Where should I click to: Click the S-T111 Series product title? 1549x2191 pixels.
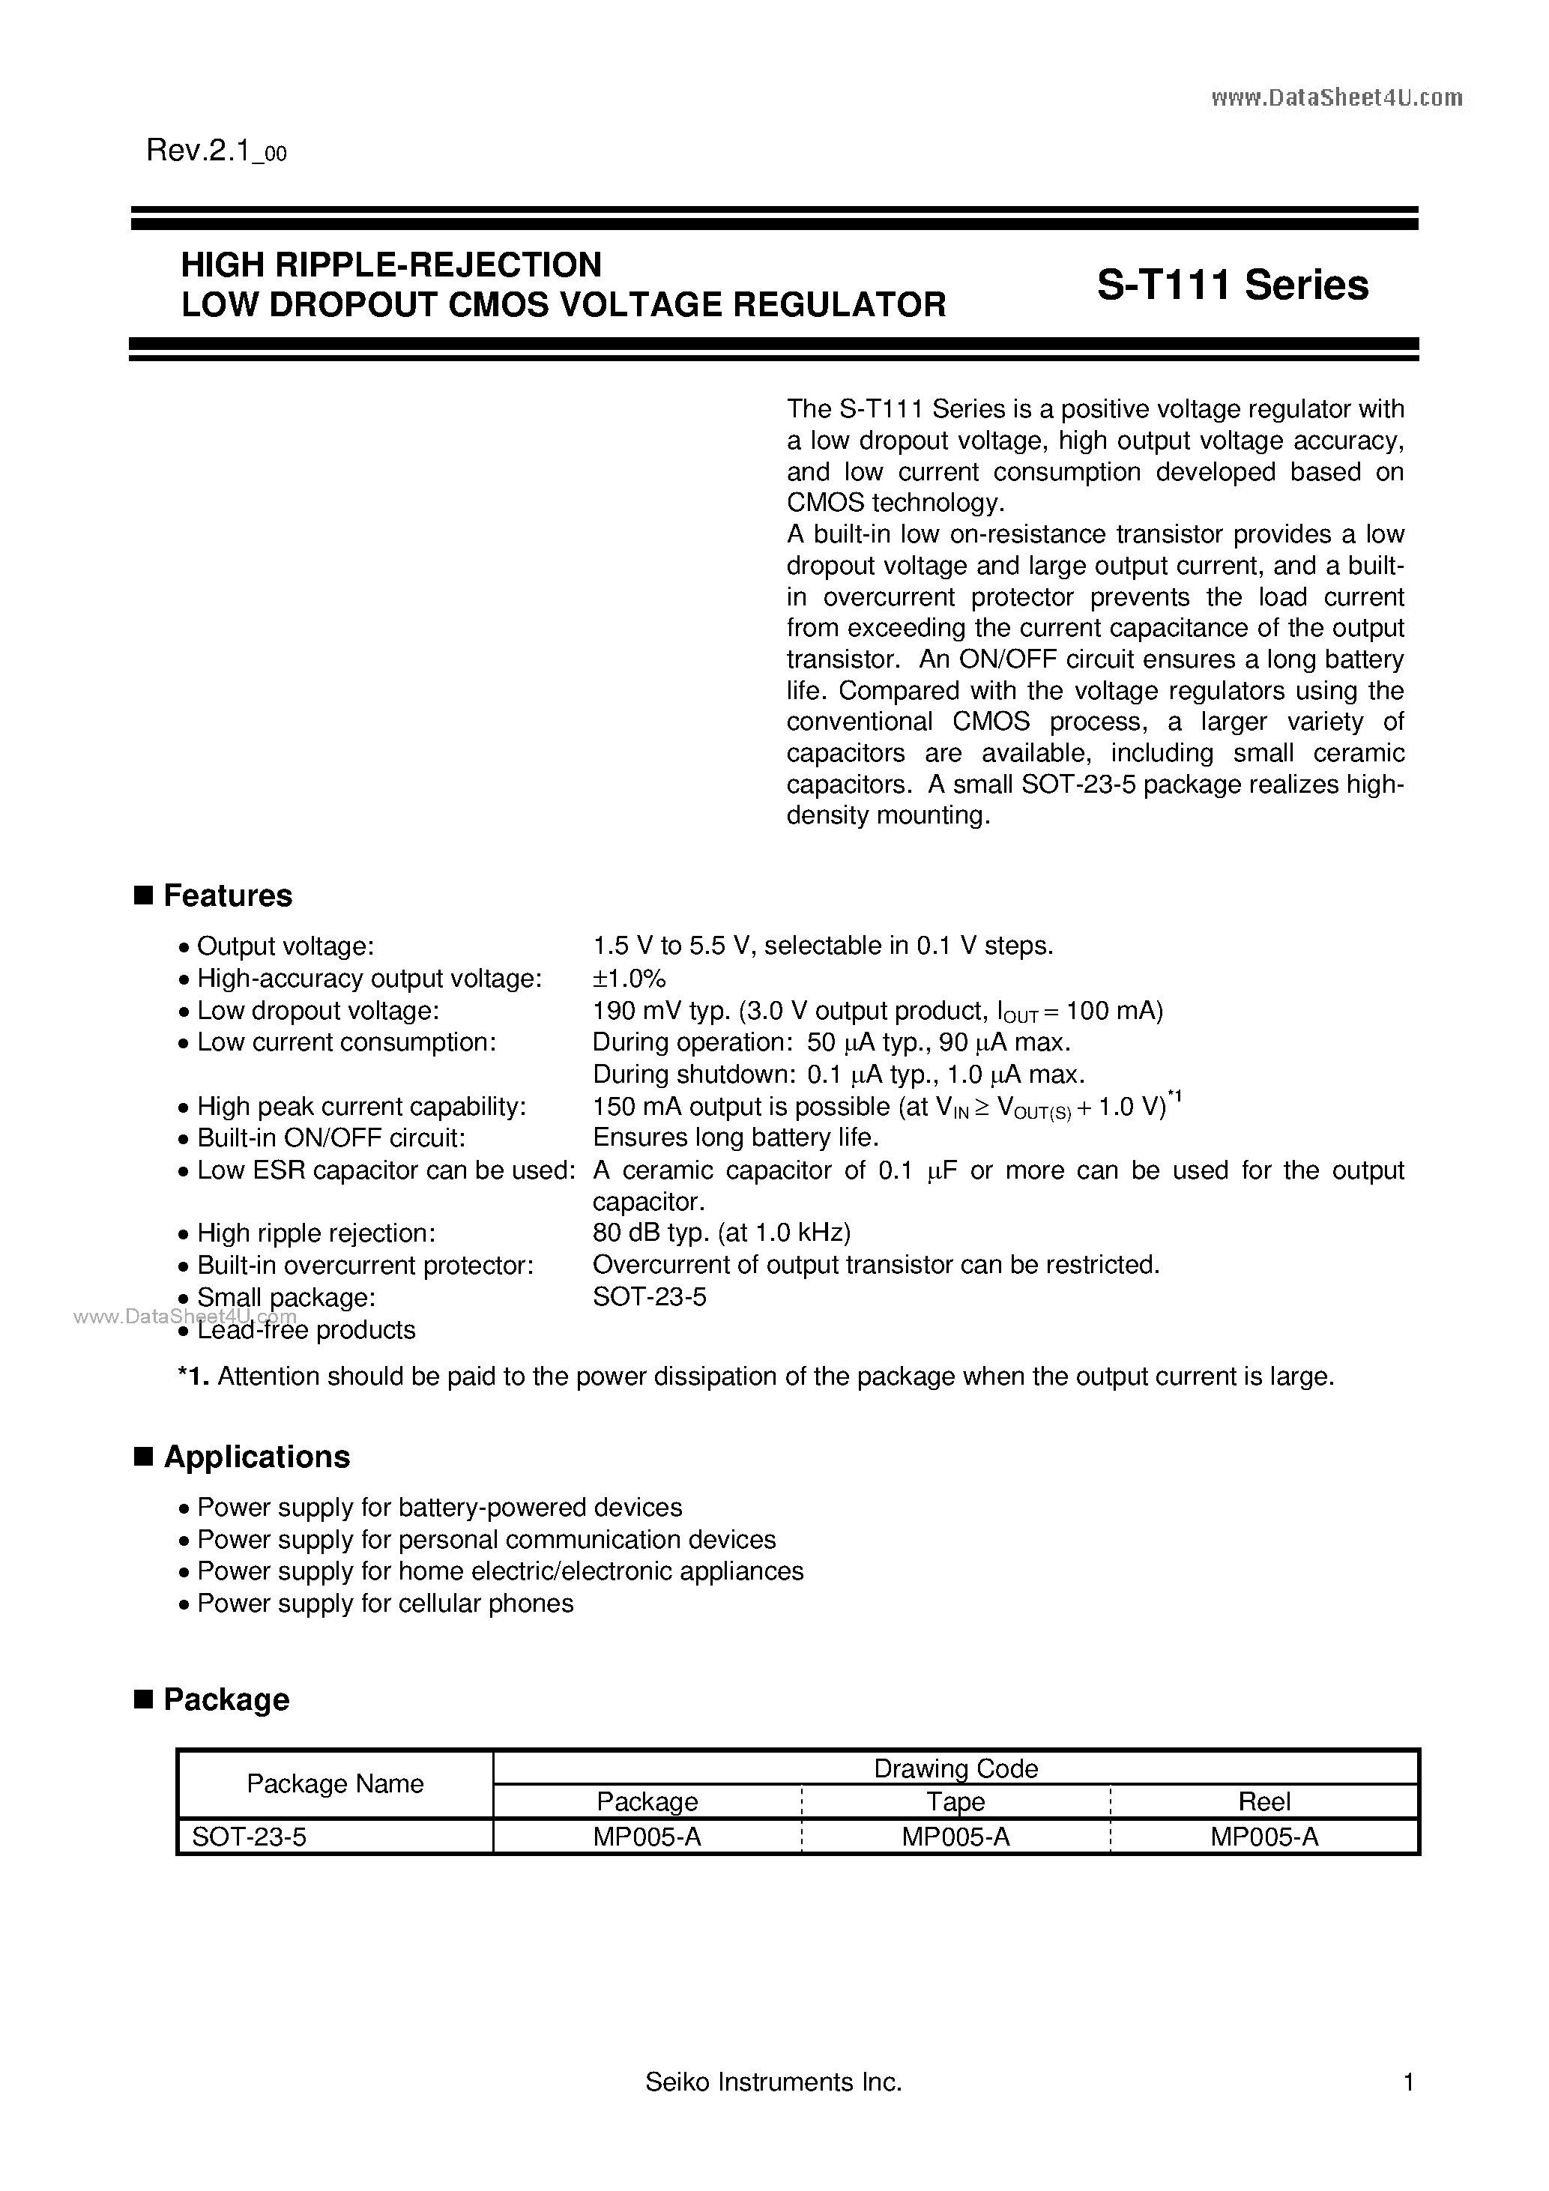coord(1232,285)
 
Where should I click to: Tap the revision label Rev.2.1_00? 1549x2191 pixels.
coord(217,151)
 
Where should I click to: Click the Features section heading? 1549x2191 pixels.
coord(227,895)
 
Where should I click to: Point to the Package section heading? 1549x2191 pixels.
coord(226,1699)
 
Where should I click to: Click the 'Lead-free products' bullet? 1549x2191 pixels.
coord(306,1330)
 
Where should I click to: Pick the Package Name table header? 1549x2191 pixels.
coord(335,1783)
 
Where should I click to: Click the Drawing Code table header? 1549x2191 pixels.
coord(955,1768)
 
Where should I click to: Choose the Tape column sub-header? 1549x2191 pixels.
coord(955,1801)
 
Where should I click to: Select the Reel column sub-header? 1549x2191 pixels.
coord(1264,1801)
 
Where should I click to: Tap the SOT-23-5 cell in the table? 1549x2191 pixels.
coord(249,1837)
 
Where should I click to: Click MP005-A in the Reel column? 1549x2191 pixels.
coord(1264,1837)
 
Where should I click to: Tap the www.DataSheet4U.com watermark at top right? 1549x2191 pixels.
coord(1336,97)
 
